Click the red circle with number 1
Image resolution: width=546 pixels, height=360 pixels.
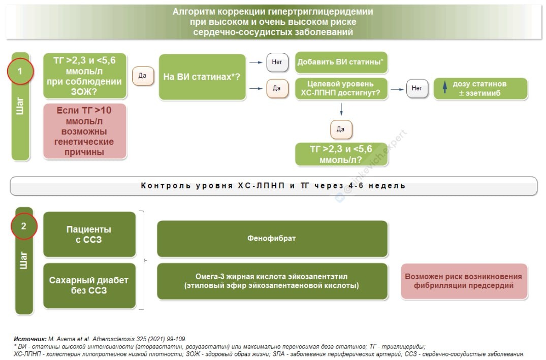point(20,71)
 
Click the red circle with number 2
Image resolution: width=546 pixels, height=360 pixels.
point(24,226)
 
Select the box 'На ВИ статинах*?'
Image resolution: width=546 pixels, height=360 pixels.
point(202,77)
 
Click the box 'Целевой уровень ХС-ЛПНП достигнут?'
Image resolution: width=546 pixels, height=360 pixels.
point(341,88)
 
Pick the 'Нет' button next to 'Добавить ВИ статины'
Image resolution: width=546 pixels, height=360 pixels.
point(277,62)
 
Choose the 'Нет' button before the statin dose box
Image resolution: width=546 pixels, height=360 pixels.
point(416,88)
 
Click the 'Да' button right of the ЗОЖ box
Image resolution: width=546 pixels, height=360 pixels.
point(142,76)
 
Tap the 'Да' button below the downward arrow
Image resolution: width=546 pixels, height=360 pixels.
point(341,129)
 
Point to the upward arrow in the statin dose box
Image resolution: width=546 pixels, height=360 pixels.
point(445,88)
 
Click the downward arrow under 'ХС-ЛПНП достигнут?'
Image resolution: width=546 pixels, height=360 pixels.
point(341,109)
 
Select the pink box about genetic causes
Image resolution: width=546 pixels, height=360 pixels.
point(85,131)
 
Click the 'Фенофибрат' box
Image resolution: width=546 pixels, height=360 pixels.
point(272,238)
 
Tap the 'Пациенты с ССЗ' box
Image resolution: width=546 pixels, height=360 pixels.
point(89,234)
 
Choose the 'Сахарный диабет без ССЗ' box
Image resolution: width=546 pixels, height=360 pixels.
point(89,285)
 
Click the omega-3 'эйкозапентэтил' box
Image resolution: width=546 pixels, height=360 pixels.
point(272,281)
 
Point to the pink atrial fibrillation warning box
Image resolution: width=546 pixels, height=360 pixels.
point(463,281)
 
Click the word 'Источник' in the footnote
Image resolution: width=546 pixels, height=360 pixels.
point(29,339)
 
